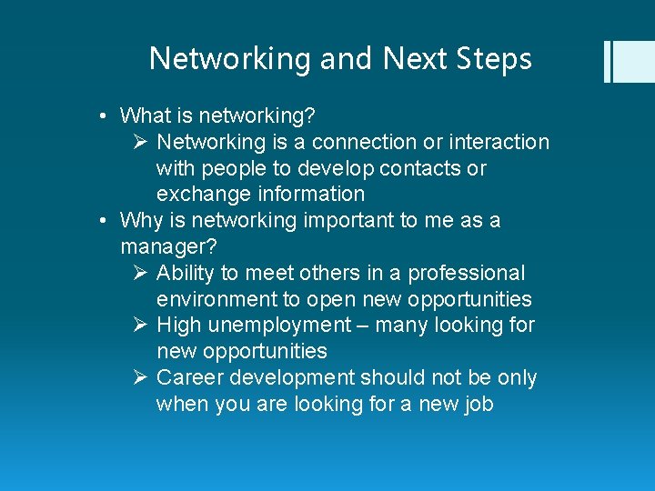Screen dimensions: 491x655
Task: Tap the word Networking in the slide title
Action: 230,60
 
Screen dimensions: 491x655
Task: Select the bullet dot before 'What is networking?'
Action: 106,116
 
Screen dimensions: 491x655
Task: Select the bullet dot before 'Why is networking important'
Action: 106,221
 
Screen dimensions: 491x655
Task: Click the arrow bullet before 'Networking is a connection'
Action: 140,142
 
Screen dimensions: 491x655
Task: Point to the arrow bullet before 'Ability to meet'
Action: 140,273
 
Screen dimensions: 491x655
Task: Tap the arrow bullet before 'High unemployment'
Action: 140,325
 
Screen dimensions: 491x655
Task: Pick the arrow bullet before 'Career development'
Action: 140,377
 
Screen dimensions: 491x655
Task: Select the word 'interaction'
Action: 505,143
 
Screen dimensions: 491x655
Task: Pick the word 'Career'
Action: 188,377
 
